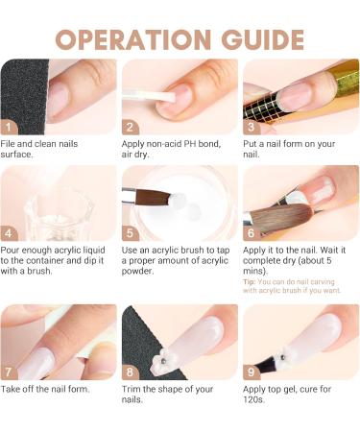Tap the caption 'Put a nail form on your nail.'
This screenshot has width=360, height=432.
[x=288, y=149]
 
